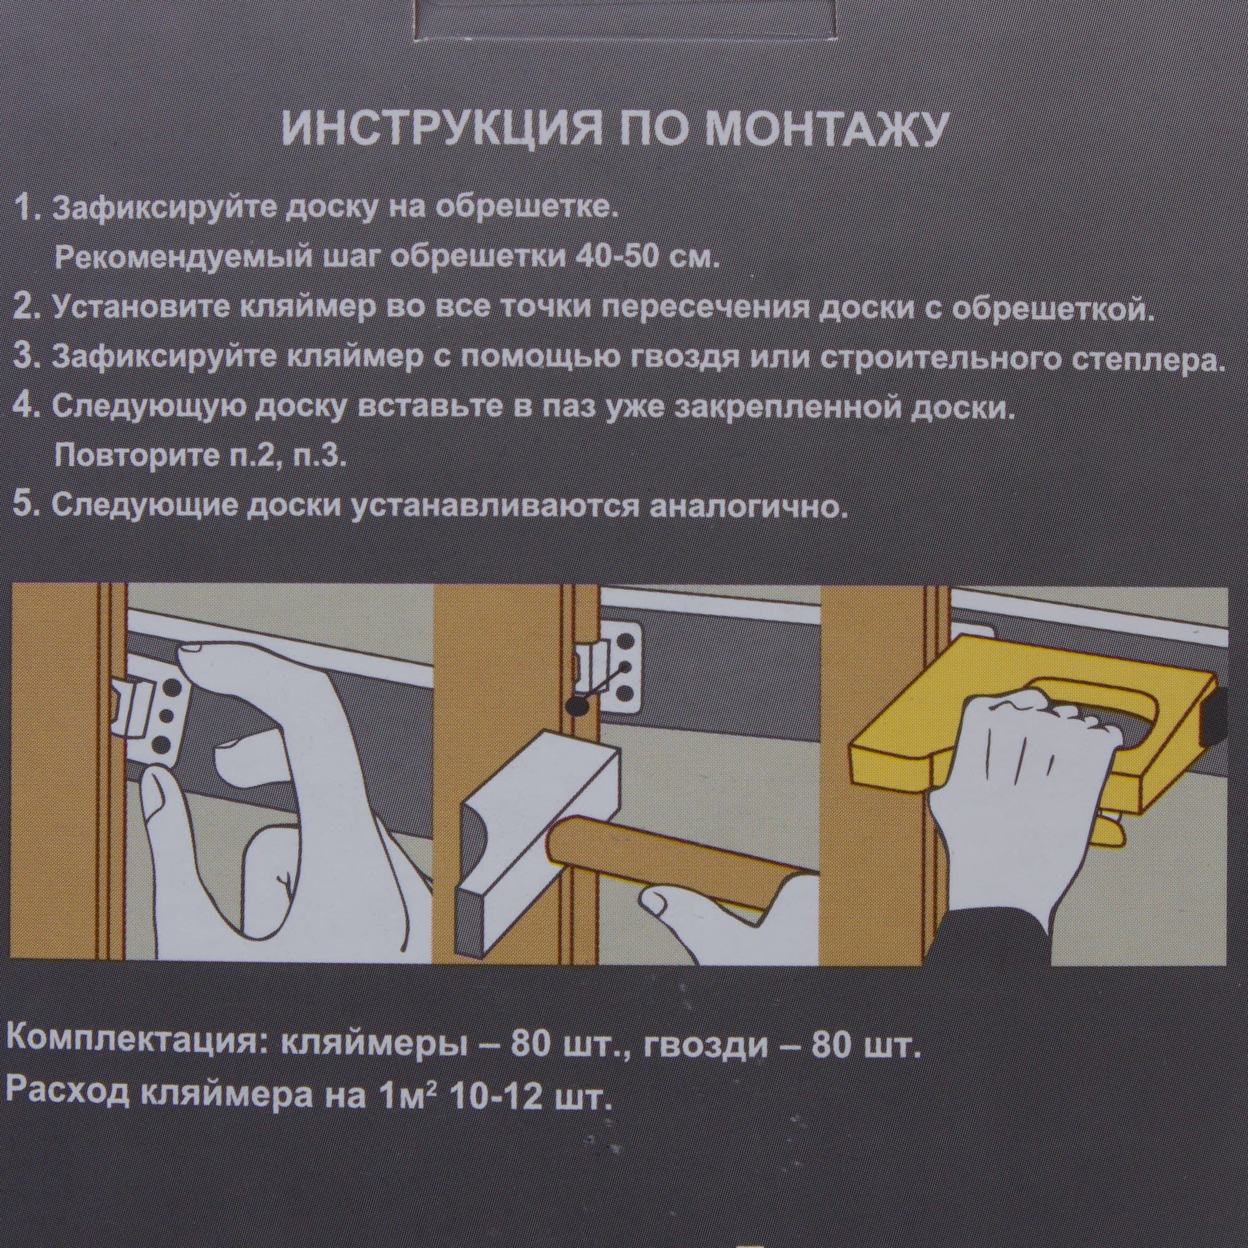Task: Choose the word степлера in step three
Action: pyautogui.click(x=1133, y=360)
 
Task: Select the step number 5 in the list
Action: pyautogui.click(x=29, y=506)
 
